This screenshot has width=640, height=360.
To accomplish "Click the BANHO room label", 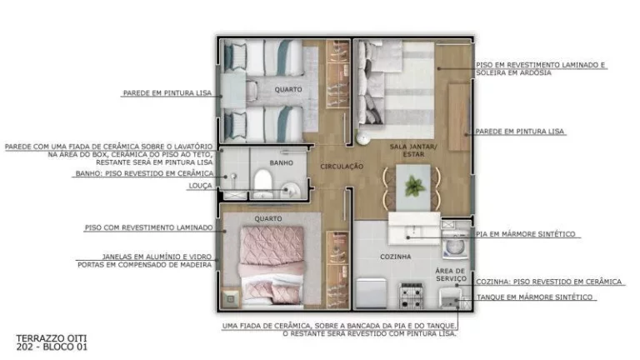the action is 281,162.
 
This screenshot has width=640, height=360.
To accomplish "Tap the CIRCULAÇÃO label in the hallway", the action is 342,167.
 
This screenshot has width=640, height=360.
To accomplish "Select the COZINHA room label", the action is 396,257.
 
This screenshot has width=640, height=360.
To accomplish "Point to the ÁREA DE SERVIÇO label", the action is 451,274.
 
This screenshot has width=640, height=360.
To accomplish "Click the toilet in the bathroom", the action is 262,183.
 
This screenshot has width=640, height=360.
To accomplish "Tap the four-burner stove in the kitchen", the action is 411,295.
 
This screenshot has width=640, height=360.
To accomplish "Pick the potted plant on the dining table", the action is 415,187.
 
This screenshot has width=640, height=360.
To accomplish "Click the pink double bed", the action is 272,266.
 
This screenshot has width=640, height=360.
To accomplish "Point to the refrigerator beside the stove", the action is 371,293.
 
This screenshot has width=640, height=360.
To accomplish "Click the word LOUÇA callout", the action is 200,186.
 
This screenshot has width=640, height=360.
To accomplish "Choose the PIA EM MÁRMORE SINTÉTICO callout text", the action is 526,234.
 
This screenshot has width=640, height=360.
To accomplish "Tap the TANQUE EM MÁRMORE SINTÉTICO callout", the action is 534,297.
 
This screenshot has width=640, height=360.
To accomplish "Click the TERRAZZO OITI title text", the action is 52,338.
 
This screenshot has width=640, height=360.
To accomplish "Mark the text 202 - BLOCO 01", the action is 52,347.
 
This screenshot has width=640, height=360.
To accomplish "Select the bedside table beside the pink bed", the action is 231,299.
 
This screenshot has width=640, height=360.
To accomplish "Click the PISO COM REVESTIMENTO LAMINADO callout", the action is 149,227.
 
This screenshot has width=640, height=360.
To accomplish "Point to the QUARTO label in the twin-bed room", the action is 288,89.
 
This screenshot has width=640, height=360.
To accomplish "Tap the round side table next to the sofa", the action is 362,138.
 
